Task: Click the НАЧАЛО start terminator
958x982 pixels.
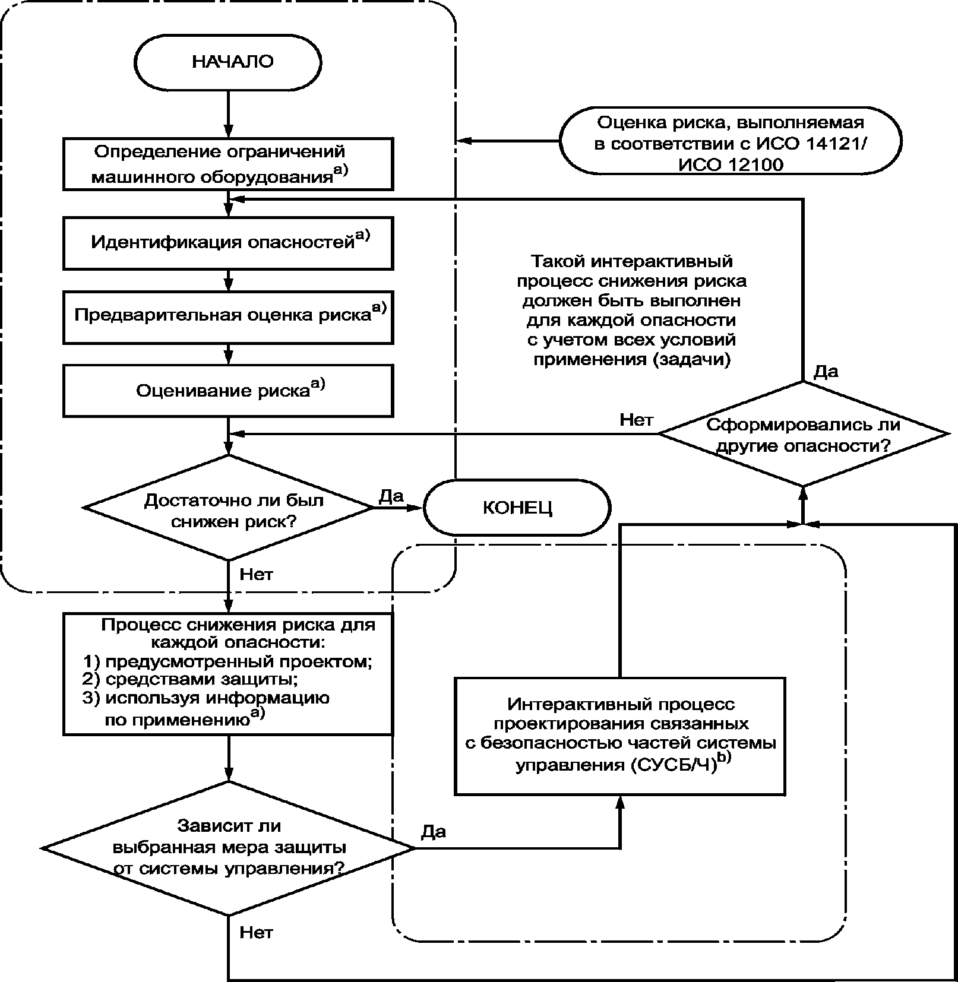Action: [228, 62]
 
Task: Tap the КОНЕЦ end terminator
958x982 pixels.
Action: [517, 508]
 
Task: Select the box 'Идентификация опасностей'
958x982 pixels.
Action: [228, 243]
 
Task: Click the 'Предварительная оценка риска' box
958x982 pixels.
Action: [228, 316]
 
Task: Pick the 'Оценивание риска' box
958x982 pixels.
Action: [228, 390]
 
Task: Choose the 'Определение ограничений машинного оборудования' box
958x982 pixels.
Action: [228, 164]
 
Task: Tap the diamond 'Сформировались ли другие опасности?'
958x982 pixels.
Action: [803, 434]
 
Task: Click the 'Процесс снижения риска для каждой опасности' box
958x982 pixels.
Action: [228, 674]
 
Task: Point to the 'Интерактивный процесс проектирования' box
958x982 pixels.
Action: [620, 736]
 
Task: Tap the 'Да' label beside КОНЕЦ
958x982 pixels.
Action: [391, 496]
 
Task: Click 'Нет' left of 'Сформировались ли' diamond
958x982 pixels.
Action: [636, 420]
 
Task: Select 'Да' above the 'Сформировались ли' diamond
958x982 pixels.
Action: [826, 372]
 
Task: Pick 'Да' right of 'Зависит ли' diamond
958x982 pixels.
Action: [434, 832]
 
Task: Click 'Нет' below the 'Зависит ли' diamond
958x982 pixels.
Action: [256, 933]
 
